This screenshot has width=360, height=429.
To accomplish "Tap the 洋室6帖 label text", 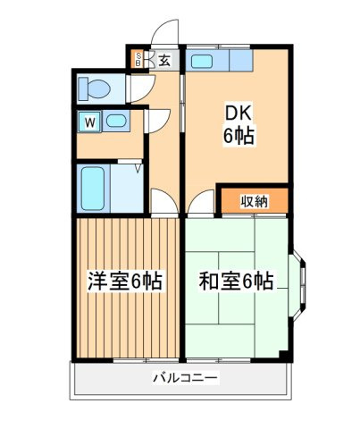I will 124,281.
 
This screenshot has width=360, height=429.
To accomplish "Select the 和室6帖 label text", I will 237,281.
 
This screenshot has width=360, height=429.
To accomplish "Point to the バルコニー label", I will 184,379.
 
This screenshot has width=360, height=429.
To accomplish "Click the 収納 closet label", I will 254,202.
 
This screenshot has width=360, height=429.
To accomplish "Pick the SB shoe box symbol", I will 138,61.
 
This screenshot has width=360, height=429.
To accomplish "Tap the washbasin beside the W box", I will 115,121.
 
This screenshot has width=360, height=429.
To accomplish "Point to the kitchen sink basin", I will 202,62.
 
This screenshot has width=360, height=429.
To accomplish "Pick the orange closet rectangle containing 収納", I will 254,202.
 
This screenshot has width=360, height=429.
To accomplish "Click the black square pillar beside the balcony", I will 285,357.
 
